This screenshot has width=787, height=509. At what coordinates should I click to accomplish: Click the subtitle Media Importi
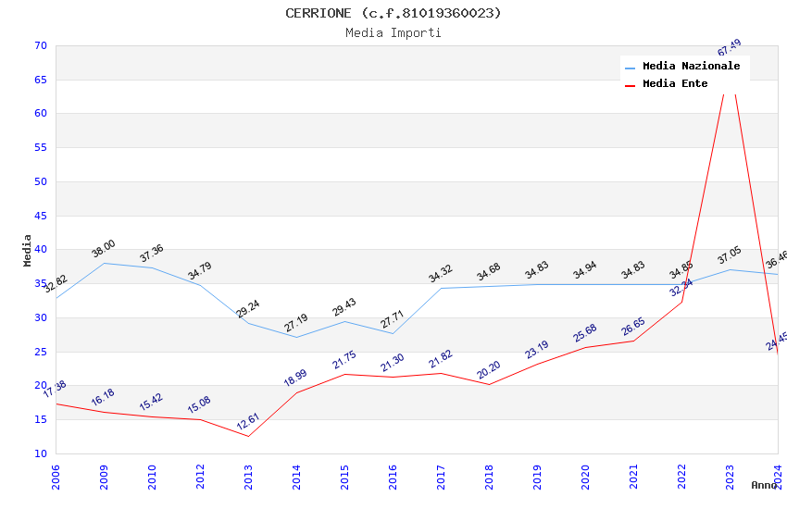point(393,32)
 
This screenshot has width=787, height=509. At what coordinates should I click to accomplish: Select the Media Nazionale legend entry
point(691,67)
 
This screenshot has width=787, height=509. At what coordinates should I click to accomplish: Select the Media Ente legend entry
point(675,84)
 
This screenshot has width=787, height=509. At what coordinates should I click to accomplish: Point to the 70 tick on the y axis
point(40,45)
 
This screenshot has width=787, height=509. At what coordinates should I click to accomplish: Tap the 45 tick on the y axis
point(40,216)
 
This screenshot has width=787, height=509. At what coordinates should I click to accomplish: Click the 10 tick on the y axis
point(40,453)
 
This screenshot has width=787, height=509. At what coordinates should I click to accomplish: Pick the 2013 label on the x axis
point(249,477)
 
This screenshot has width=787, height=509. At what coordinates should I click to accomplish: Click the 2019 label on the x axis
point(538,477)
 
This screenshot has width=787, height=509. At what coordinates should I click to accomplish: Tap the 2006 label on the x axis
point(56,477)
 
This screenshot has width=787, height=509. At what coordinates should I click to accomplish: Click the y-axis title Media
point(28,250)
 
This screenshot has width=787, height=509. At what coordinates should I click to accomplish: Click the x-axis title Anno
point(764,485)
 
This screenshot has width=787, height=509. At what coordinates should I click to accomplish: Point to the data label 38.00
point(103,248)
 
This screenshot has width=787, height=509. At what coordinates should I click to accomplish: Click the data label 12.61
point(248,422)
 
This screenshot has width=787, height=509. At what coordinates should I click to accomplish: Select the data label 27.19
point(296,323)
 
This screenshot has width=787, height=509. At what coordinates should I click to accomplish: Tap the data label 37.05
point(730,256)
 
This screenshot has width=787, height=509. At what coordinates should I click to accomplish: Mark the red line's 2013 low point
point(248,436)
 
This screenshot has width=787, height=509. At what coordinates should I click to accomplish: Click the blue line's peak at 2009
point(104,263)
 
